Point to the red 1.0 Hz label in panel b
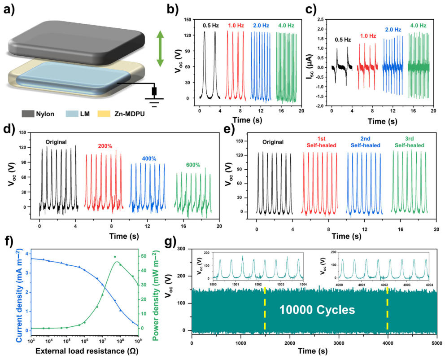[x=236, y=26]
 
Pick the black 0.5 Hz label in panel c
[x=343, y=40]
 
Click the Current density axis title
[x=8, y=292]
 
